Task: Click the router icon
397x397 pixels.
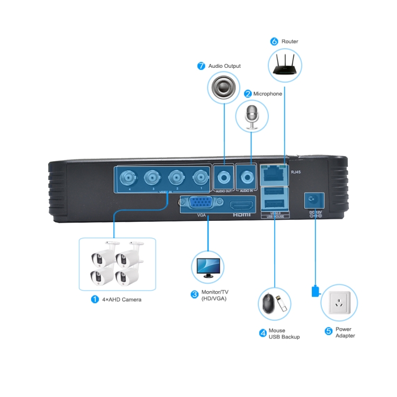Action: pos(285,63)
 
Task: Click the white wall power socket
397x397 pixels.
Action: pos(339,304)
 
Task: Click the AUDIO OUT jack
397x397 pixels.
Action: pos(224,176)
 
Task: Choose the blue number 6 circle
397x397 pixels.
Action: pos(274,41)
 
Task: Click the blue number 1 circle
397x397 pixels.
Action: pos(95,299)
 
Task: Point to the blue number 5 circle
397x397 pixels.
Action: pos(328,331)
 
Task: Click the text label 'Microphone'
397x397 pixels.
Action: pos(267,94)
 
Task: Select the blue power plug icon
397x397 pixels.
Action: pos(315,291)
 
